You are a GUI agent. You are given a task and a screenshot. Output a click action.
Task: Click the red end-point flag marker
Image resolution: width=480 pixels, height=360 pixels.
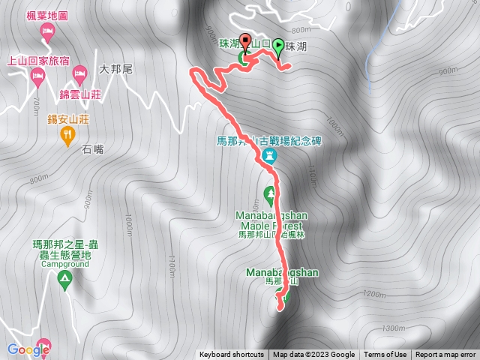coord(246,45)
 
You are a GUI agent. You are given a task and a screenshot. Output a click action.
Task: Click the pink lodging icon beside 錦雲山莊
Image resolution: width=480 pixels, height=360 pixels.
coord(80,73)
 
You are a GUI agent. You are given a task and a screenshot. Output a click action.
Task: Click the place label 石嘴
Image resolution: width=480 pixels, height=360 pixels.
coord(94,149)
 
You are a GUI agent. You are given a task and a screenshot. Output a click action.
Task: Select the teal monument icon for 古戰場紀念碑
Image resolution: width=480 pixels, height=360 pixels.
coord(270,156)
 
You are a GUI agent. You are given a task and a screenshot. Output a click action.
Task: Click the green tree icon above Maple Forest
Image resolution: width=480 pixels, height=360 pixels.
coord(270,192)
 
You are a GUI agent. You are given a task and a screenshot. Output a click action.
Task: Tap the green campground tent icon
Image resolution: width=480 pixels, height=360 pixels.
coord(64,280)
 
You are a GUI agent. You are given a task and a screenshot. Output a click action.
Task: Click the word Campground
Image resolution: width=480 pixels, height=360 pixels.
coord(65,264)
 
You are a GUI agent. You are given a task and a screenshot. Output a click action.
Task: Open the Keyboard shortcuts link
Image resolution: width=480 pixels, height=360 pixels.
coord(232,355)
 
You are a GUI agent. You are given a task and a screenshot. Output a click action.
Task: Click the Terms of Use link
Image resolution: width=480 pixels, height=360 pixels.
coord(385,355)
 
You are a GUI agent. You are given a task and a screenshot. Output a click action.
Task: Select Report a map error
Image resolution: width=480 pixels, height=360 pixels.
coord(445,355)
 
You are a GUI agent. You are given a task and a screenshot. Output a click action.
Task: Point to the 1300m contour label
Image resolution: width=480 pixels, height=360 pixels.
coord(392,328)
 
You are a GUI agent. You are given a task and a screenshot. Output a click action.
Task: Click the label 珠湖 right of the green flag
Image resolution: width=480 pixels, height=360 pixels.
coord(297,46)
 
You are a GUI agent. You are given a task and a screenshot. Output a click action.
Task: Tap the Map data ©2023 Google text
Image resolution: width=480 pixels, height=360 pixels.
coord(313,355)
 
